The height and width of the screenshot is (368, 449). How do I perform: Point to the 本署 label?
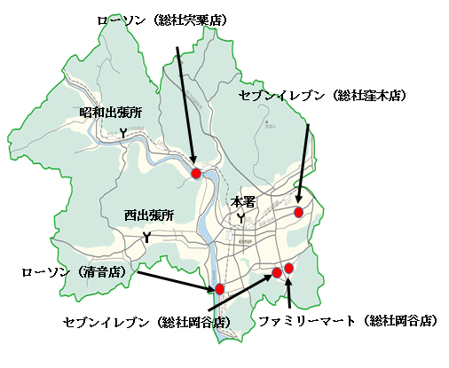[x=242, y=201]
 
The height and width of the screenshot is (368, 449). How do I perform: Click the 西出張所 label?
[x=148, y=215]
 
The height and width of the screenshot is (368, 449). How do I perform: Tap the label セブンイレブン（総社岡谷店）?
[x=148, y=321]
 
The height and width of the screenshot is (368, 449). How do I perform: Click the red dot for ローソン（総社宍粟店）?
[x=197, y=173]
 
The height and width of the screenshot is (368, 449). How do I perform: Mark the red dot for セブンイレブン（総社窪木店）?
[x=299, y=212]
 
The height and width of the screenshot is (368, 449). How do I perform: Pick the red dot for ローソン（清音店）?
[x=218, y=289]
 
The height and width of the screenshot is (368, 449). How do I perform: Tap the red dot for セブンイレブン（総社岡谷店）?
[x=277, y=272]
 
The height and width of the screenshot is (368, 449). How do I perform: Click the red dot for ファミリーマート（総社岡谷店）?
[x=289, y=268]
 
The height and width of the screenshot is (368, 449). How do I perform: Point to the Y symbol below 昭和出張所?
[x=123, y=132]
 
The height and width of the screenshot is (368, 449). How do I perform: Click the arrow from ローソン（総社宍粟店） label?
[x=186, y=106]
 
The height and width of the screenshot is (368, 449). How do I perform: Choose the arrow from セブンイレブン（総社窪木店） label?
[x=303, y=164]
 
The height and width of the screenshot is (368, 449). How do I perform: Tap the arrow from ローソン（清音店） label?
[x=173, y=279]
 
